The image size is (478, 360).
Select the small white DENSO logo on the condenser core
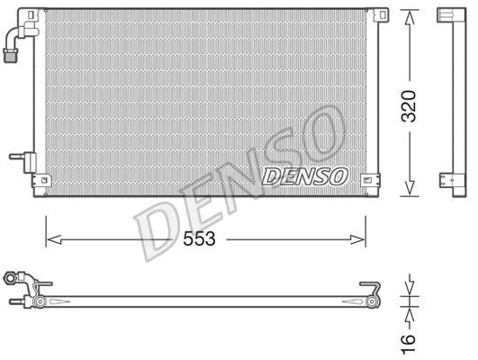click(x=304, y=176)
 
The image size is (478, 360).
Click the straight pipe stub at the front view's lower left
click(x=18, y=156)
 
